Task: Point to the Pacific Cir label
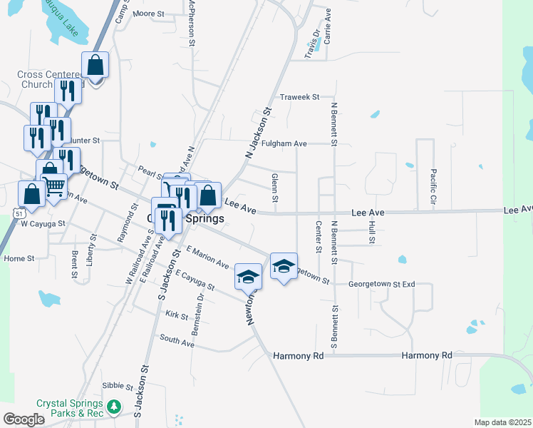pyautogui.click(x=433, y=185)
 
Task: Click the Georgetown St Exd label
pyautogui.click(x=381, y=284)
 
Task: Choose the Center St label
pyautogui.click(x=318, y=236)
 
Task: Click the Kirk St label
pyautogui.click(x=175, y=315)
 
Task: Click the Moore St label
pyautogui.click(x=148, y=14)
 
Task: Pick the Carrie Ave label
pyautogui.click(x=328, y=26)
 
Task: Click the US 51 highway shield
pyautogui.click(x=20, y=213)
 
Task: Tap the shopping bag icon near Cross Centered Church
pyautogui.click(x=95, y=66)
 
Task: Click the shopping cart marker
pyautogui.click(x=55, y=186)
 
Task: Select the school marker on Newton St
pyautogui.click(x=249, y=276)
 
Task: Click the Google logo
pyautogui.click(x=24, y=419)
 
